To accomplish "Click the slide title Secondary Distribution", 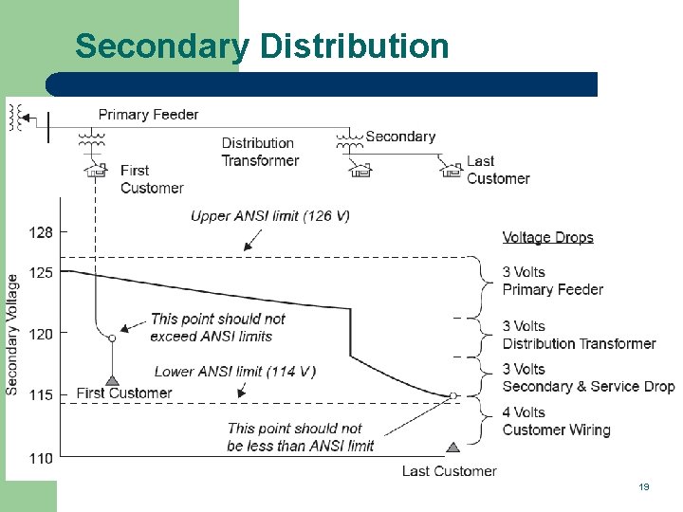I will pyautogui.click(x=262, y=46).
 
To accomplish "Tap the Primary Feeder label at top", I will pyautogui.click(x=148, y=115).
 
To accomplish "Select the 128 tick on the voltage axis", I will pyautogui.click(x=42, y=231).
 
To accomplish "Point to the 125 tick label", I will pyautogui.click(x=42, y=272).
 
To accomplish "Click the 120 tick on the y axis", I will pyautogui.click(x=42, y=334).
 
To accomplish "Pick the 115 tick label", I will pyautogui.click(x=42, y=395).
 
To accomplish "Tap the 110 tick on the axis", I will pyautogui.click(x=42, y=458).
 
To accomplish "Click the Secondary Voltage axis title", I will pyautogui.click(x=12, y=334).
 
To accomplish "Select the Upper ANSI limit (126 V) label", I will pyautogui.click(x=269, y=216).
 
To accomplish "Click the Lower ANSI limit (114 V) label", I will pyautogui.click(x=235, y=371).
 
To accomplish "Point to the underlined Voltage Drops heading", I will pyautogui.click(x=547, y=237).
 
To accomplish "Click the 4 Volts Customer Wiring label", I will pyautogui.click(x=556, y=421).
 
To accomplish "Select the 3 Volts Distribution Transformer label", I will pyautogui.click(x=579, y=335).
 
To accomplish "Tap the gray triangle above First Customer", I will pyautogui.click(x=112, y=381).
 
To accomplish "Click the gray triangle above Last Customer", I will pyautogui.click(x=452, y=448).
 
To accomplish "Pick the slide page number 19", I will pyautogui.click(x=644, y=486).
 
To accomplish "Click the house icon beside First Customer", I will pyautogui.click(x=95, y=171).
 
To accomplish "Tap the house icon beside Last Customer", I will pyautogui.click(x=452, y=170).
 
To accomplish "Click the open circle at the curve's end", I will pyautogui.click(x=453, y=395).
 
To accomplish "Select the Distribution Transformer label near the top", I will pyautogui.click(x=260, y=152).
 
